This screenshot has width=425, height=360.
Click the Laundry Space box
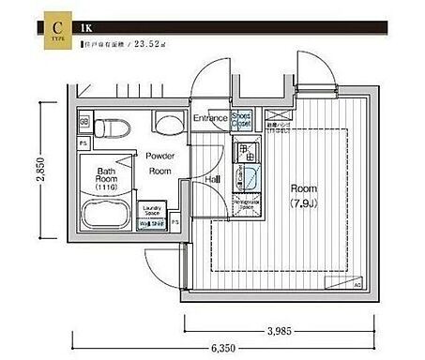[x=152, y=211]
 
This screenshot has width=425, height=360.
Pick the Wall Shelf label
[x=152, y=225]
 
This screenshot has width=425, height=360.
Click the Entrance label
[x=211, y=119]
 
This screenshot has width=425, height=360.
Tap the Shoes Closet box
[x=241, y=119]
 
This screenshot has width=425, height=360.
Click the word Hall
[x=213, y=177]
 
